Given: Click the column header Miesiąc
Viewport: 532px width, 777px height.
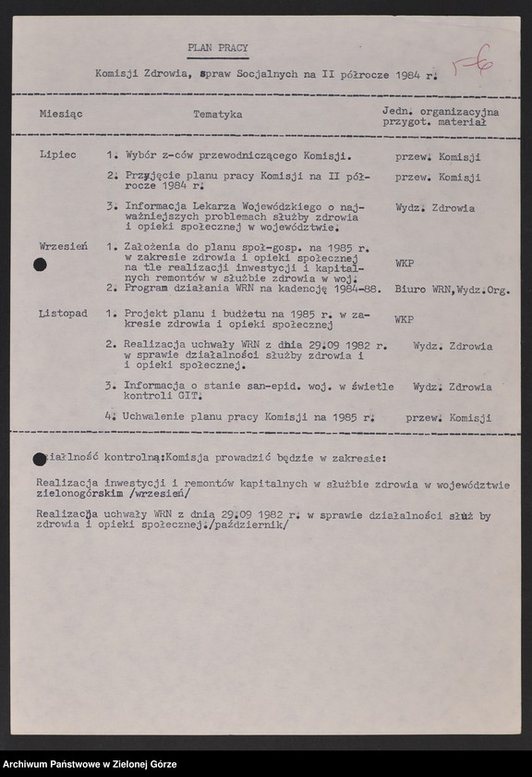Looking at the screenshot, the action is coord(61,115).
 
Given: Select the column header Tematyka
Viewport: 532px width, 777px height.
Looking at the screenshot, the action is coord(218,115).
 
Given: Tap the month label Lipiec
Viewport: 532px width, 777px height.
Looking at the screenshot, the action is coord(57,157).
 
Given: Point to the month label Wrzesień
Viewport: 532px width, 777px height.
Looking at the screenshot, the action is coord(63,248).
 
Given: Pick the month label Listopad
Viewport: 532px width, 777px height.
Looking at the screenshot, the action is coord(63,314).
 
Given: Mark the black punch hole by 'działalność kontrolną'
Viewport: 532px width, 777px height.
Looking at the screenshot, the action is coord(38,458).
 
